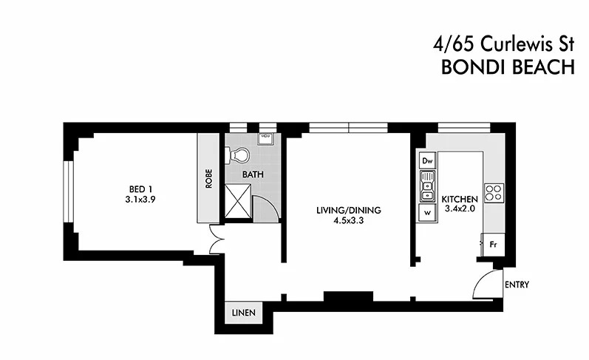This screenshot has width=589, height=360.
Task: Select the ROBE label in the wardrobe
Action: coord(209,180)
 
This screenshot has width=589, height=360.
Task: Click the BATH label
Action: coord(253,175)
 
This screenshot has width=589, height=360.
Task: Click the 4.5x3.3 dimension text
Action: coord(345,220)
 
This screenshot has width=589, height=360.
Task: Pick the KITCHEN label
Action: coord(460,200)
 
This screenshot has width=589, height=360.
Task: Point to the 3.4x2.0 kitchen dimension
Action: coord(460,210)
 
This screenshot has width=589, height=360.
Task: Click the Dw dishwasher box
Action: coord(427,160)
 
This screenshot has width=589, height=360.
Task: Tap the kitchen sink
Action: coord(427,187)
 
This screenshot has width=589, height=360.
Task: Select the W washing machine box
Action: coord(427,212)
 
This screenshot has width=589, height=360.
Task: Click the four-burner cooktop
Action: coord(493,192)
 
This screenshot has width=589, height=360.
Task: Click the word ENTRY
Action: coord(516,285)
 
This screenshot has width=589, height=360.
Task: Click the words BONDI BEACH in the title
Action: coord(507,67)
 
